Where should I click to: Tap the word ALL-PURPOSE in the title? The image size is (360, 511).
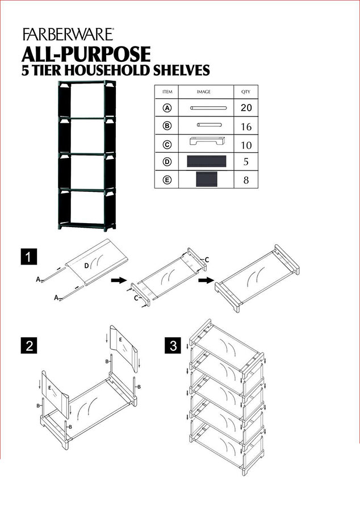[x=86, y=54]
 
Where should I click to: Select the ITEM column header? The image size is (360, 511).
[x=168, y=91]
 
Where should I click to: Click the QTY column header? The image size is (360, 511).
[x=246, y=91]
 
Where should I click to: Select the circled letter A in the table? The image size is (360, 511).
[x=168, y=107]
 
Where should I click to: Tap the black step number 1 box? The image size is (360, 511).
[x=29, y=257]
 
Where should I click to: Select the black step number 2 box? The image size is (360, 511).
[x=29, y=345]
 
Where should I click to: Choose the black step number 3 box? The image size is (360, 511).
[x=173, y=345]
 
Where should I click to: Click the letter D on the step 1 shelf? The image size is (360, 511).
[x=86, y=265]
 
